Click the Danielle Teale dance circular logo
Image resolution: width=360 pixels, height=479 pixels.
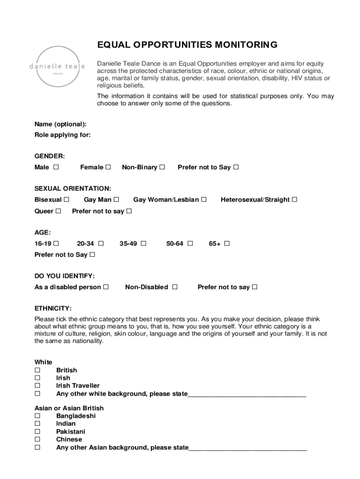coord(57,66)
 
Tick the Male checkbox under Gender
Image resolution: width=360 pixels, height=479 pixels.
coord(56,167)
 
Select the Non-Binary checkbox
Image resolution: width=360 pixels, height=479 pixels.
coord(162,167)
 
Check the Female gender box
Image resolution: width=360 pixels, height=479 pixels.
coord(108,167)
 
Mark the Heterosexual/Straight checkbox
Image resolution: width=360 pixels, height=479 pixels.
coord(295,200)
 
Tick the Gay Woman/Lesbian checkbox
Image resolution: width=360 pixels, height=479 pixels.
coord(204,200)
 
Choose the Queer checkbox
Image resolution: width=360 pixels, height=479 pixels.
coord(58,211)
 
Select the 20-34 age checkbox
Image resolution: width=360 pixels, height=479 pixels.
coord(101,243)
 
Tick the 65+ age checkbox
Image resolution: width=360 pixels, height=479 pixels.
coord(227,243)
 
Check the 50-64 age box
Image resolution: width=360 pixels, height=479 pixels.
coord(190,243)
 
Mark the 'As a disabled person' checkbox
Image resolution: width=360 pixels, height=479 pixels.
coord(106,287)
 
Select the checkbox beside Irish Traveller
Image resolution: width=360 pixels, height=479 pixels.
coord(37,385)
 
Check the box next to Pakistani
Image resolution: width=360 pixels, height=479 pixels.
coord(37,431)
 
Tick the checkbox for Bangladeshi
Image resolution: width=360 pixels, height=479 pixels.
coord(37,416)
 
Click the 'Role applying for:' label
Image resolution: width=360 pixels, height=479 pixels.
coord(63,135)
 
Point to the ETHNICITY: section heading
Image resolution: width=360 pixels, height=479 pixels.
coord(53,308)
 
